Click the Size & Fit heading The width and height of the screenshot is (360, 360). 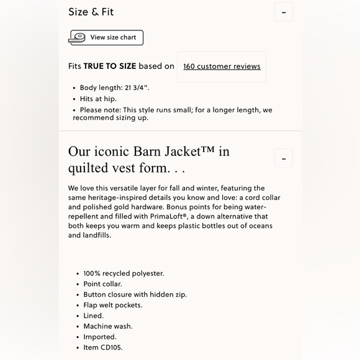coord(91,12)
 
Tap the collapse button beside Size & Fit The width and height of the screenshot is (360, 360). coord(284,12)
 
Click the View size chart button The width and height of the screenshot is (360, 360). coord(112,37)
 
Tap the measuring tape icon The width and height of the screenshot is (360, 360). coord(77,38)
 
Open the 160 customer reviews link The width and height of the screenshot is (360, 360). coord(222,66)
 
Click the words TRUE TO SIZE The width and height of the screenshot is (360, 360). coord(110,66)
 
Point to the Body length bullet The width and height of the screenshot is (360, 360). coord(114,88)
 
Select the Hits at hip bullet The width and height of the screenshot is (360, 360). coord(98,99)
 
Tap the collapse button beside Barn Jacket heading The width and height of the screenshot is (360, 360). coord(284,158)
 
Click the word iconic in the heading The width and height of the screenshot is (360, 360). coord(114,151)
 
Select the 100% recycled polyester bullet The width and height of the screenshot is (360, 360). coord(124,273)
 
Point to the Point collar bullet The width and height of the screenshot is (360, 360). coord(102,284)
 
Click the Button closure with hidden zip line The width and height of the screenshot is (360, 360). coord(135,294)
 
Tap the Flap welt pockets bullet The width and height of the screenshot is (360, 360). coord(113,305)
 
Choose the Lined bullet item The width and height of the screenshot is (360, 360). coord(93,315)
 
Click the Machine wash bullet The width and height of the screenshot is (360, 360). coord(108,326)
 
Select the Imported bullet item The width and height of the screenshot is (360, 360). coord(100,336)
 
